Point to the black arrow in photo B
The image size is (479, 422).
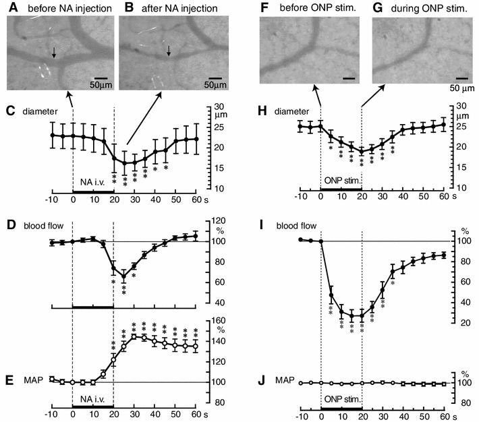(x=169, y=51)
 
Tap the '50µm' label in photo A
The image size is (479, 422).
(x=98, y=86)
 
